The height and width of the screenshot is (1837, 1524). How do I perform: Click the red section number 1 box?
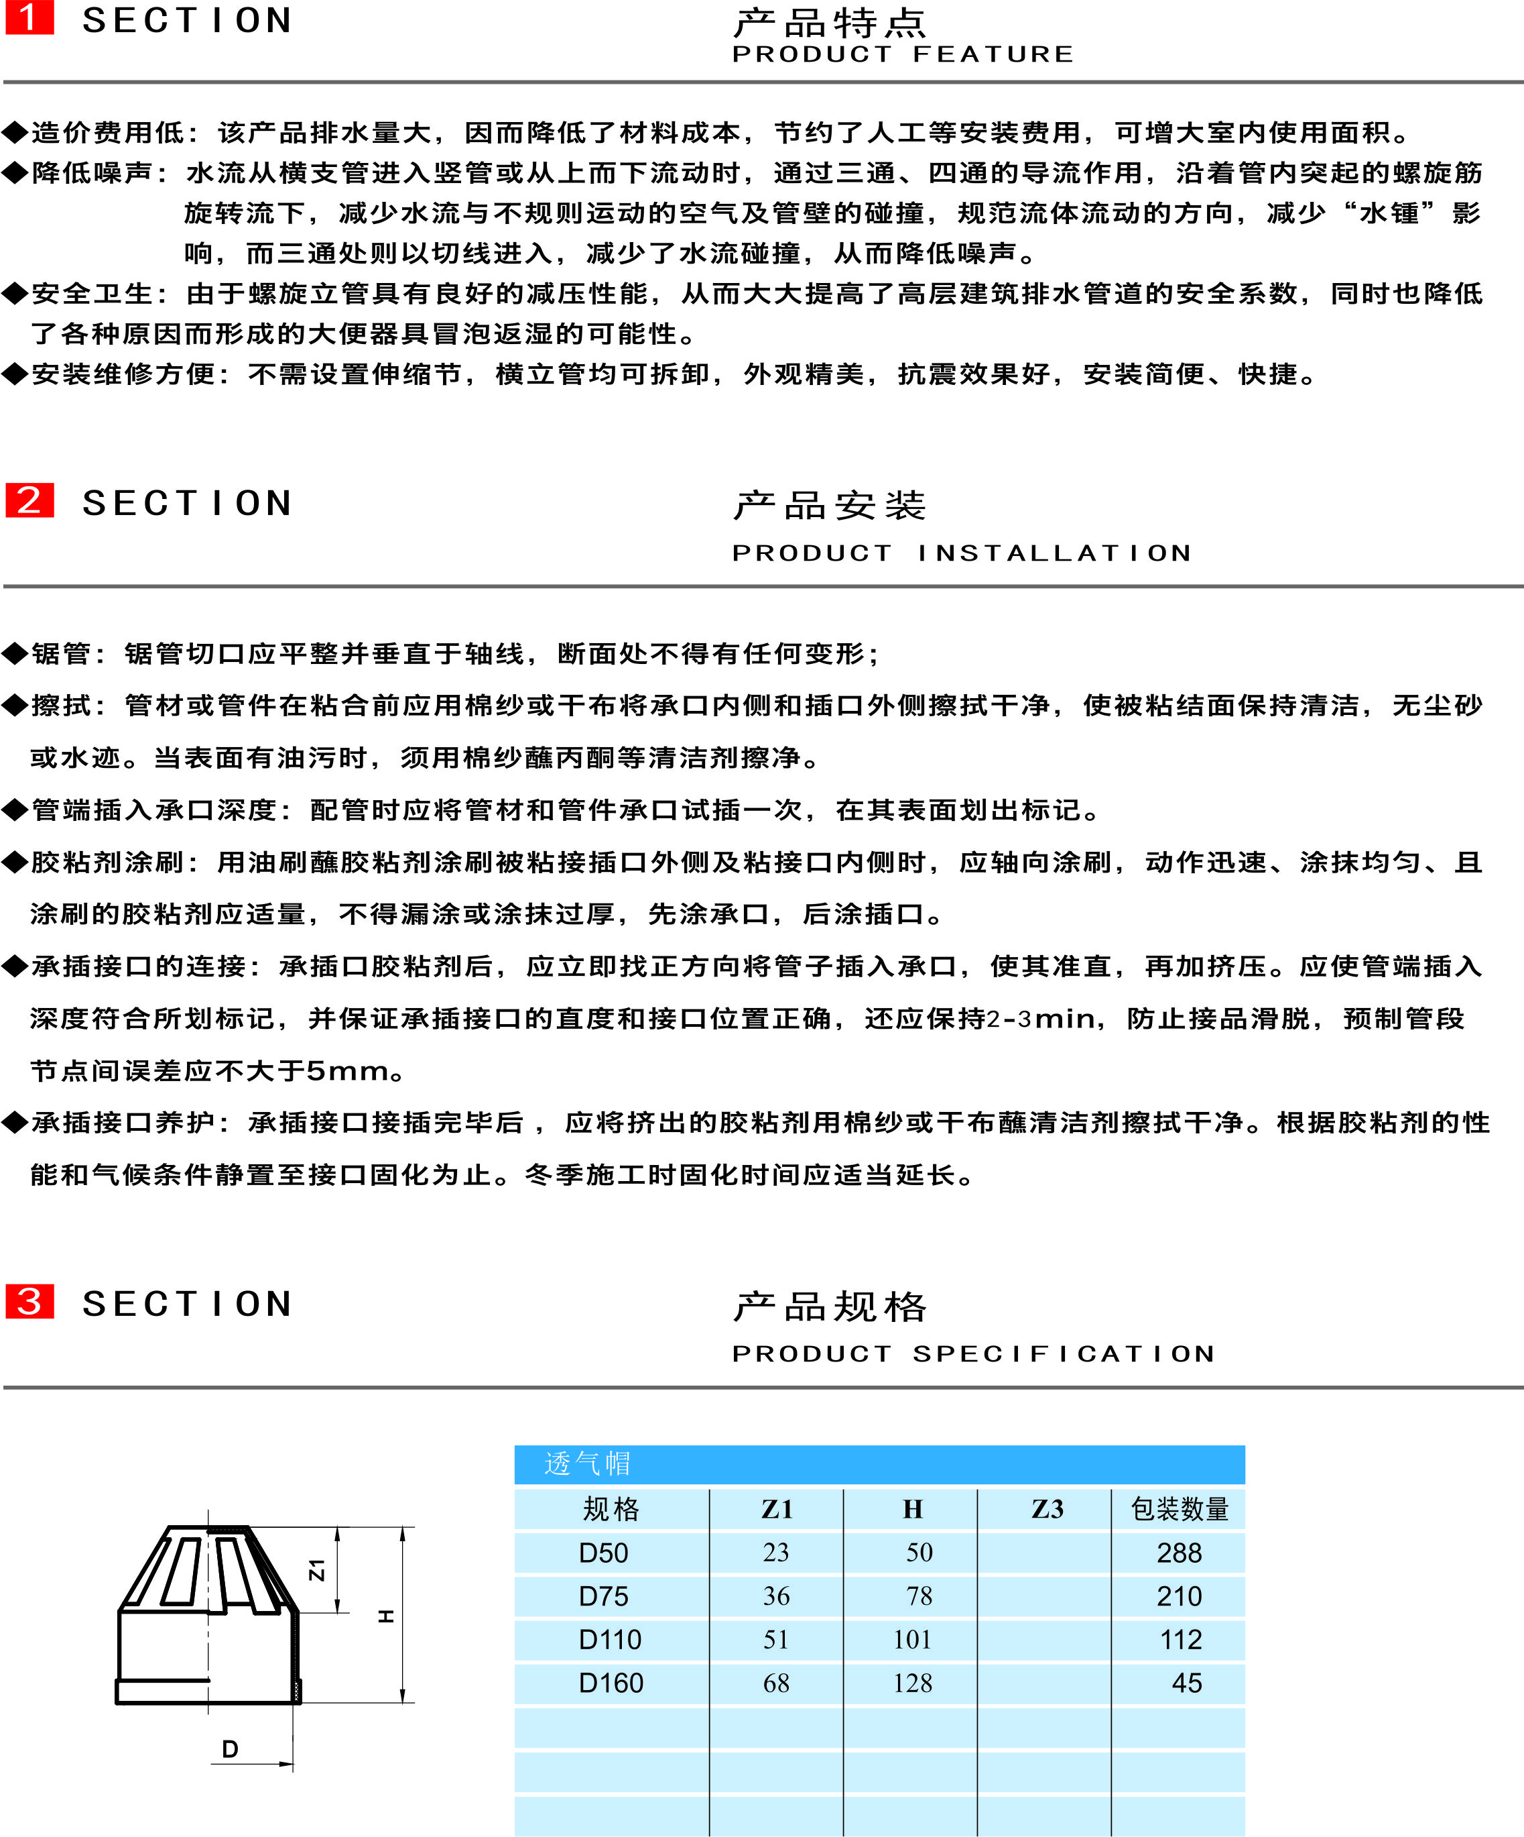tap(29, 17)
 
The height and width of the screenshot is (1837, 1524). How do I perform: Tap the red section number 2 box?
tap(29, 500)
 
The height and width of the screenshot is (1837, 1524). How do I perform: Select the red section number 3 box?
tap(29, 1302)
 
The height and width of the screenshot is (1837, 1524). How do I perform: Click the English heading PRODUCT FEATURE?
tap(902, 54)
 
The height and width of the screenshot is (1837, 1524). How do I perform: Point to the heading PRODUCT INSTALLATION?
tap(961, 553)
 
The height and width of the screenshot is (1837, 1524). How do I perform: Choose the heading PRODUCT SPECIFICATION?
tap(973, 1354)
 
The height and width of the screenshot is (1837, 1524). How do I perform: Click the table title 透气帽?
tap(586, 1463)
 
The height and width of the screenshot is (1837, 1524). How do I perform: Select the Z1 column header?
tap(777, 1509)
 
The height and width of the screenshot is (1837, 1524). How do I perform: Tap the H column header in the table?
tap(912, 1509)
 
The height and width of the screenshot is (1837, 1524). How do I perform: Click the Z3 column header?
tap(1047, 1509)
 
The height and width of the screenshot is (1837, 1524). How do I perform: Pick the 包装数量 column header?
tap(1180, 1509)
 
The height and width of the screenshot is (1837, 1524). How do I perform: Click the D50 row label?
tap(603, 1553)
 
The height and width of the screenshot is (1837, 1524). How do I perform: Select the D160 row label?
tap(611, 1683)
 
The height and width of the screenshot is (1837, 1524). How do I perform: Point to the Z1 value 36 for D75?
tap(777, 1596)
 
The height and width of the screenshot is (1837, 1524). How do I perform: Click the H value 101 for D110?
tap(912, 1639)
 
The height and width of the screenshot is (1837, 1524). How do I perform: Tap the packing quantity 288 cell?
tap(1180, 1553)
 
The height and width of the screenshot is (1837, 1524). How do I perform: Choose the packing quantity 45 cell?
tap(1186, 1683)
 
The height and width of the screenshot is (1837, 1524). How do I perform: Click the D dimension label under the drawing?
tap(230, 1748)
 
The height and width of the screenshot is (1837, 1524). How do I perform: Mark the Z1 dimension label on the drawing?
tap(316, 1569)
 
